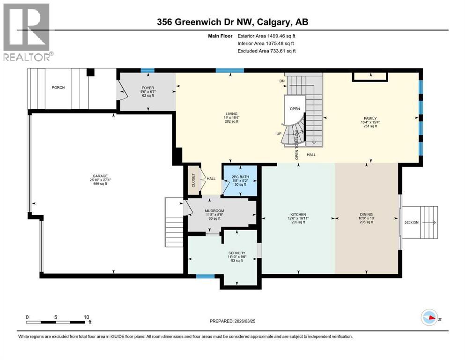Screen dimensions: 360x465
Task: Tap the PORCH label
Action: pyautogui.click(x=59, y=88)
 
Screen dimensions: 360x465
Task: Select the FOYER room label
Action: pyautogui.click(x=148, y=88)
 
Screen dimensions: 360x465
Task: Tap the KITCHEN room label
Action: pyautogui.click(x=298, y=215)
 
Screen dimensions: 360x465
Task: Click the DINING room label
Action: pyautogui.click(x=367, y=215)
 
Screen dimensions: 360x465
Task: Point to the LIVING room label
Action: pyautogui.click(x=231, y=113)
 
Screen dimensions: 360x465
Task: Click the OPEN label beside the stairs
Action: pyautogui.click(x=295, y=109)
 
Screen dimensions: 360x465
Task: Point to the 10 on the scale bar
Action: pyautogui.click(x=86, y=317)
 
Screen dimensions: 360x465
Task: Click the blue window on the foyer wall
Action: pyautogui.click(x=148, y=71)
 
